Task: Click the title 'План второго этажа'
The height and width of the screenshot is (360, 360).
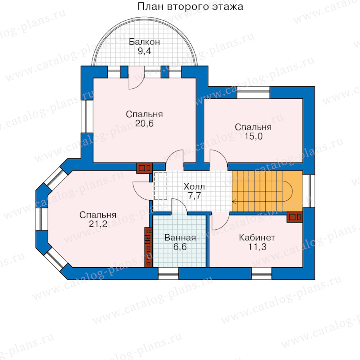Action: (190, 7)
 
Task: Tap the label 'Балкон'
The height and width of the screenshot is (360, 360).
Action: (144, 42)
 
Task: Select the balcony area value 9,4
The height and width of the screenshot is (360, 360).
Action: (144, 51)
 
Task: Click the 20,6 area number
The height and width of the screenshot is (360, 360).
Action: (144, 124)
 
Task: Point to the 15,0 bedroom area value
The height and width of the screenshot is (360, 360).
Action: (253, 136)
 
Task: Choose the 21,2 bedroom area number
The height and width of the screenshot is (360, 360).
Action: (98, 224)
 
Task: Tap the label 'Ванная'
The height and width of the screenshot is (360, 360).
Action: (180, 238)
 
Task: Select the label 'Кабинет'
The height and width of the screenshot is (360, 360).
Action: (257, 238)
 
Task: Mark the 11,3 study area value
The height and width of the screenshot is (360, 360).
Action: (257, 247)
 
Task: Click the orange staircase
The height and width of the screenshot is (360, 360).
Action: (267, 191)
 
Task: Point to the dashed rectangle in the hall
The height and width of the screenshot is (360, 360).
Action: (161, 186)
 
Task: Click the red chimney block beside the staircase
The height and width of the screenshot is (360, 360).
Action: (295, 217)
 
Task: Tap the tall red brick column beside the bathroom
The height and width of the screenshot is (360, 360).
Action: (148, 247)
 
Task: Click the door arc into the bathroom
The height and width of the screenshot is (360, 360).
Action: (179, 206)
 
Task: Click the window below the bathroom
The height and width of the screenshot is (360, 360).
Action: (168, 273)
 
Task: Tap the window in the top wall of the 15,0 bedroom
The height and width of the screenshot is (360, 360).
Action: (253, 92)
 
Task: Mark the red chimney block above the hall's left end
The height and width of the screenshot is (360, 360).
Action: (144, 168)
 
